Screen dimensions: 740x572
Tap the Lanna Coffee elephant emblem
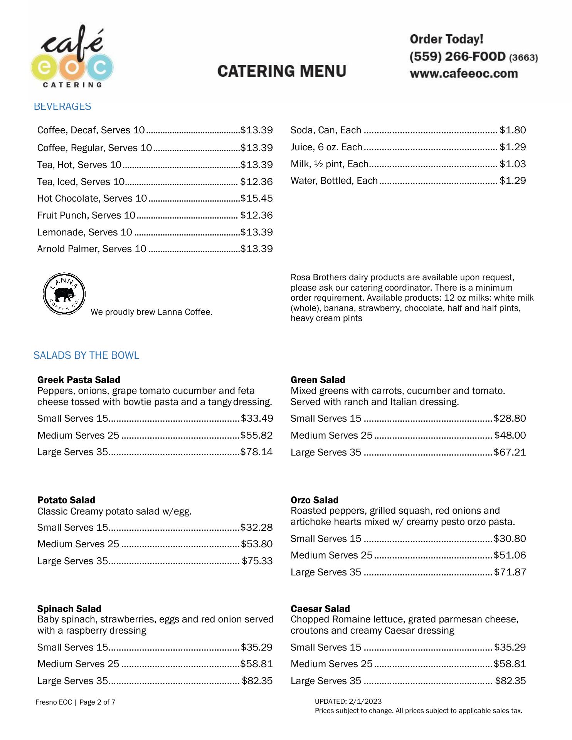64,294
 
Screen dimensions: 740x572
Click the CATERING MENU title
282,71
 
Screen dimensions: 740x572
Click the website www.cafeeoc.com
464,74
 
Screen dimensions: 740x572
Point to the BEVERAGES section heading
62,106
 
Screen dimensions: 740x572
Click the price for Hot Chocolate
256,198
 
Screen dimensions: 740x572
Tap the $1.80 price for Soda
513,130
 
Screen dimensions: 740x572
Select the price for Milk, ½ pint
513,164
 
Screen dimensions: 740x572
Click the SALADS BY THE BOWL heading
86,355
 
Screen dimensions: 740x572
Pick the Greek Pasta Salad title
79,380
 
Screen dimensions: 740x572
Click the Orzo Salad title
315,500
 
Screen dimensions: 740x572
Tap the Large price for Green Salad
510,452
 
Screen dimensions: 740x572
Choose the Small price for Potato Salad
256,527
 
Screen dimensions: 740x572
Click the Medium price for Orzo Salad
510,555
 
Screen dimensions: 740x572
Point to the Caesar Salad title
320,609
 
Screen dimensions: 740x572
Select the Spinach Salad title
69,609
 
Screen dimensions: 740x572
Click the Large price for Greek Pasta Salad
256,452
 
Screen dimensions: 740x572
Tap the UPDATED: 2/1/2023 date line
348,701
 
